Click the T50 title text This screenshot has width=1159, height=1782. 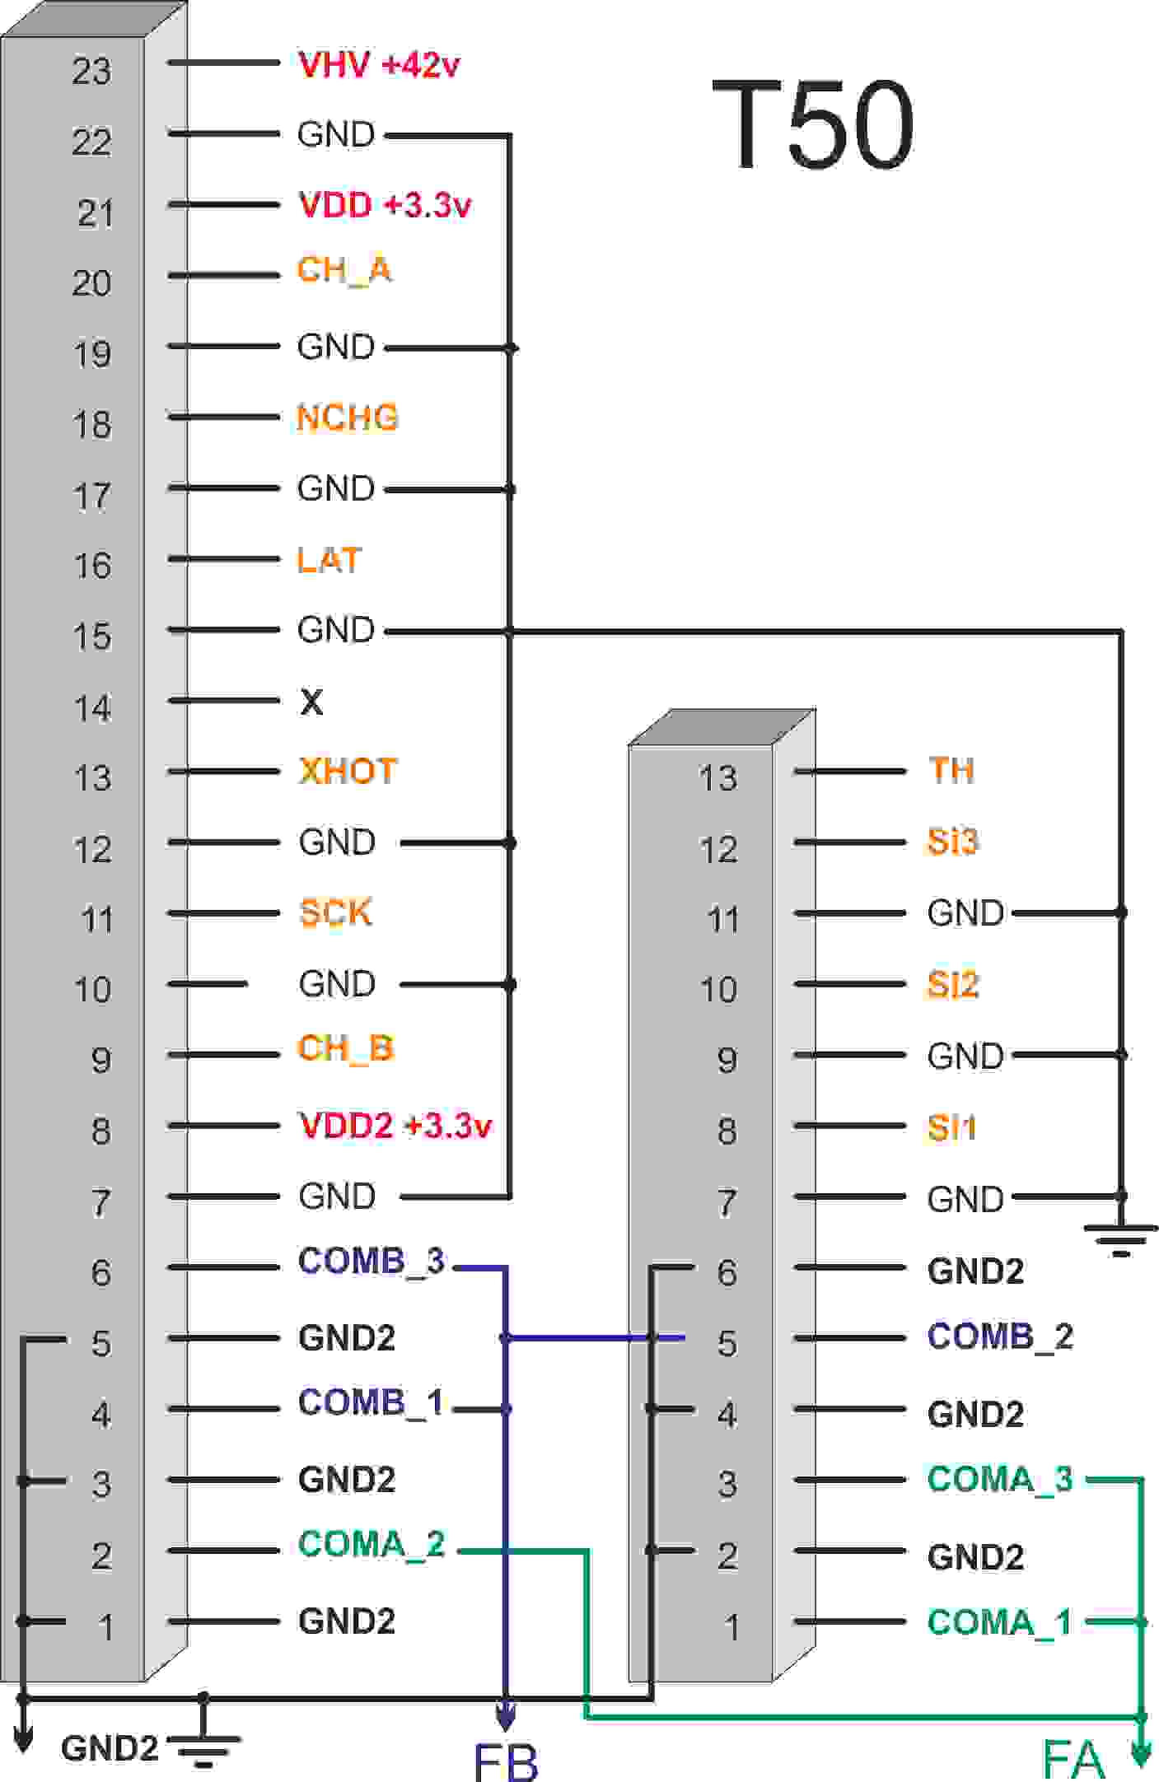point(813,124)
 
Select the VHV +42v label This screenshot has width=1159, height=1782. point(379,64)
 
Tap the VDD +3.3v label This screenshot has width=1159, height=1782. point(385,205)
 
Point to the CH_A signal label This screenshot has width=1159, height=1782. point(344,270)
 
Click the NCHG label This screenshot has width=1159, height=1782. point(348,418)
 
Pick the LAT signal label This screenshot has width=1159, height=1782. point(329,560)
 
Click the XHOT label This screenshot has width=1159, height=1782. point(348,771)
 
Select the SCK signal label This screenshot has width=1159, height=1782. point(335,912)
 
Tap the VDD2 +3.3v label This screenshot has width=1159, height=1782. point(395,1125)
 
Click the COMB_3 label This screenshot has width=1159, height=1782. point(372,1261)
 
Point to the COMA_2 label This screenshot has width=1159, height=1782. point(372,1543)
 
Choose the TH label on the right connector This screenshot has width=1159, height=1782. point(951,770)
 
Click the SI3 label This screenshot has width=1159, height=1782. point(953,842)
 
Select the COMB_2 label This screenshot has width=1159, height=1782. point(1001,1336)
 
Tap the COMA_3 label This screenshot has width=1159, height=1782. point(1001,1479)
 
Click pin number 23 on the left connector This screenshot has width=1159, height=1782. point(91,71)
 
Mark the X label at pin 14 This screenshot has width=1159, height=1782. point(311,702)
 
